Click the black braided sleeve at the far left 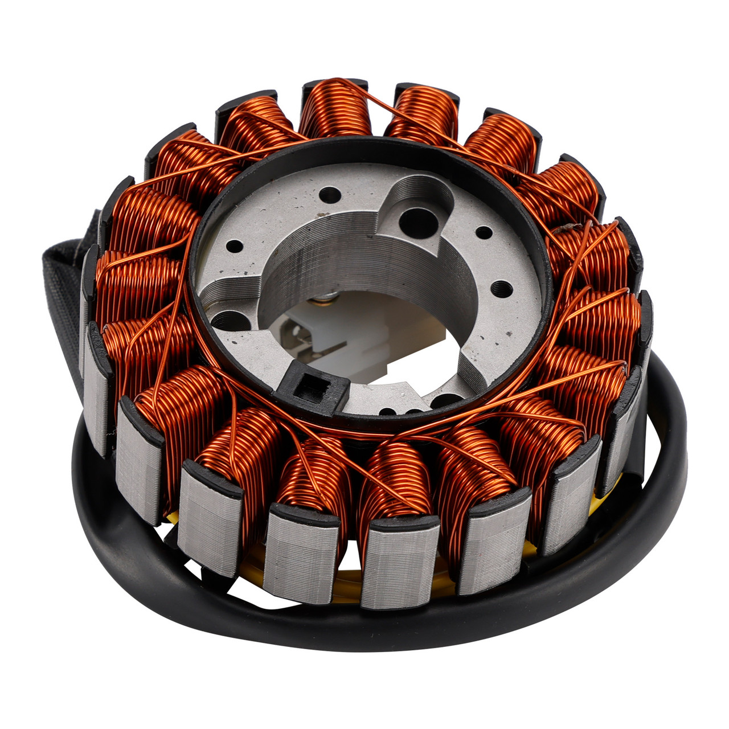64,296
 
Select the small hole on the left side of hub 235,247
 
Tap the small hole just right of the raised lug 484,232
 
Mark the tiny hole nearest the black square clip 387,411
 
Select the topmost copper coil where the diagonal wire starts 336,108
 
